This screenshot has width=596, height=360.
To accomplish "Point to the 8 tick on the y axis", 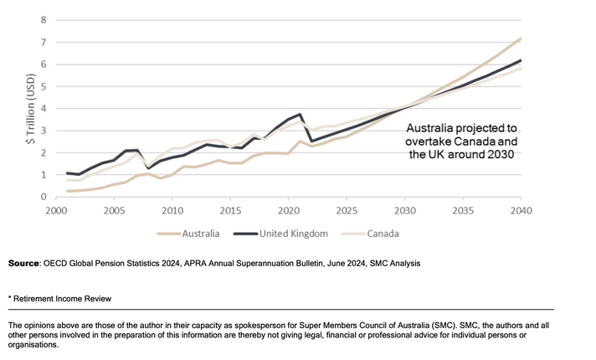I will tap(44, 20).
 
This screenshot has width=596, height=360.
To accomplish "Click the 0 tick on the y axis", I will tap(44, 198).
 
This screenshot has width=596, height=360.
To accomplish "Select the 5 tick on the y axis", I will tap(44, 86).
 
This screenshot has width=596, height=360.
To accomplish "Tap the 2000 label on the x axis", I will tap(56, 211).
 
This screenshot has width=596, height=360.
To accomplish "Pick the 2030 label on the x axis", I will tap(403, 211).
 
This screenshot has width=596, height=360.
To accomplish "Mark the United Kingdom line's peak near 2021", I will tap(300, 114).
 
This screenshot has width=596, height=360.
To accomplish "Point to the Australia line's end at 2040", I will tap(520, 38).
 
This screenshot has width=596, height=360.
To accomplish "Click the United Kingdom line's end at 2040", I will tap(520, 60).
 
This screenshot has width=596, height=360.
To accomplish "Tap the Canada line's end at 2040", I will tap(520, 69).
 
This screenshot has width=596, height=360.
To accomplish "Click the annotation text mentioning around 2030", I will tap(462, 142).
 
